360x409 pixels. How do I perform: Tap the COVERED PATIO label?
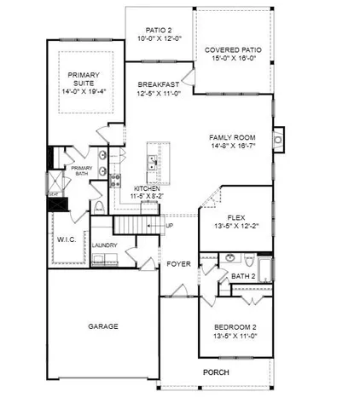233,50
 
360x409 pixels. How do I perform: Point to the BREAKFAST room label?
159,84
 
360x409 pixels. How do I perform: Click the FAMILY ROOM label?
233,137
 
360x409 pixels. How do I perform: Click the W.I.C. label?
67,239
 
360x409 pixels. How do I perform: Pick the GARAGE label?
103,325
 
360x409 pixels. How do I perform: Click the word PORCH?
215,373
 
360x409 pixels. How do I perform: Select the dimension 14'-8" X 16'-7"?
233,147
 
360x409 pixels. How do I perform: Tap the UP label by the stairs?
169,226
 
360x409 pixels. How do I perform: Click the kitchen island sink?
153,158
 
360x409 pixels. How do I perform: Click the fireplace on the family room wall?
277,137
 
